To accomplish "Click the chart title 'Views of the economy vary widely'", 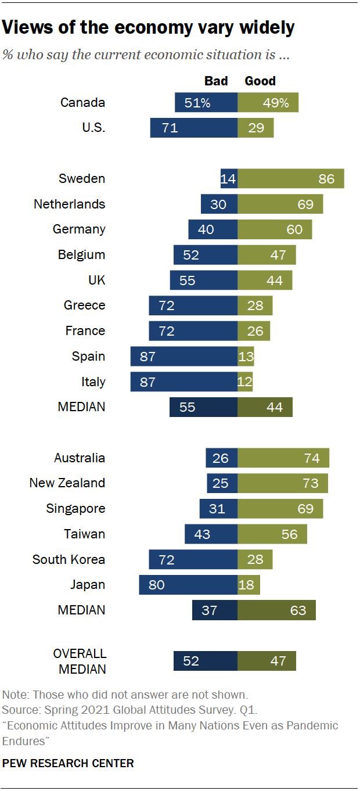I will click(x=149, y=27).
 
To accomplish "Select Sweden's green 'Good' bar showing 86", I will click(x=291, y=178).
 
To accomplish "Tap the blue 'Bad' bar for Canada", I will click(x=206, y=103).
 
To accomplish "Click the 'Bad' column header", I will click(x=216, y=81).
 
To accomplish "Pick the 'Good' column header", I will click(x=260, y=81).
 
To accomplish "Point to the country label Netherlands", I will click(x=70, y=204).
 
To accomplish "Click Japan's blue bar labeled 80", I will click(x=188, y=584).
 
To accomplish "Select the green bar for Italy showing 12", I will click(x=245, y=382).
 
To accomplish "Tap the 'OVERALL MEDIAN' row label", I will click(x=80, y=661).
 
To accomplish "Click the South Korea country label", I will click(x=69, y=559).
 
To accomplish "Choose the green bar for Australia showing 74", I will click(x=283, y=458).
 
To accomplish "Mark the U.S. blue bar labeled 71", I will click(x=194, y=128).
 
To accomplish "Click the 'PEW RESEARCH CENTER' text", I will click(x=68, y=763).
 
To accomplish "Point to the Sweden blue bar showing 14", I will click(x=229, y=178).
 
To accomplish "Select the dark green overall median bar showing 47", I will click(x=267, y=661).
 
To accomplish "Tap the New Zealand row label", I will click(x=67, y=483).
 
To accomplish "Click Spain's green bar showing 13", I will click(x=246, y=356).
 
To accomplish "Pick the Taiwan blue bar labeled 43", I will click(x=211, y=534).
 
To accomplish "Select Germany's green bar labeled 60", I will click(x=275, y=229).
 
